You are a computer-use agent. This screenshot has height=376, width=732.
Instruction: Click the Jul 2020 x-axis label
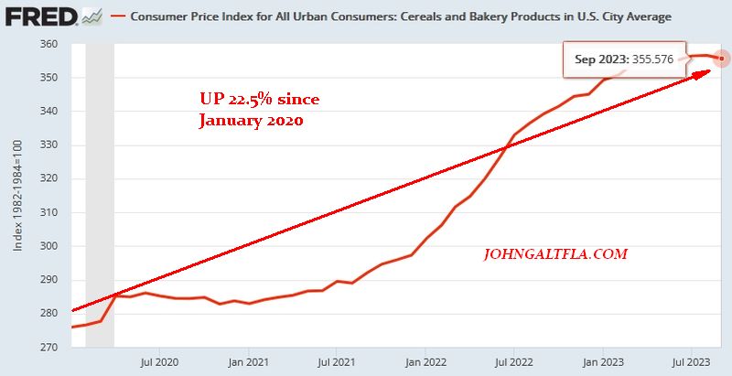pos(160,362)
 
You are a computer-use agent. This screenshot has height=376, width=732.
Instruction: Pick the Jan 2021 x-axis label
pos(249,362)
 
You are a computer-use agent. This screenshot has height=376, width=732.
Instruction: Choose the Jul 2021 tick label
pos(337,362)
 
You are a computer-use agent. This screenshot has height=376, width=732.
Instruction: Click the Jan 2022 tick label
pos(425,362)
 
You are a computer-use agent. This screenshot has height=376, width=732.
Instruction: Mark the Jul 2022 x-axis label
pos(513,362)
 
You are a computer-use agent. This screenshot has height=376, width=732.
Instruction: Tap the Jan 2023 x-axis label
pos(602,362)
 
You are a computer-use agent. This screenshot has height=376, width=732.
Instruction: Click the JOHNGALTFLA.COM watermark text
pos(555,254)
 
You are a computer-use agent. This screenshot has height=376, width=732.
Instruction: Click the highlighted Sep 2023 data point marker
pos(723,59)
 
